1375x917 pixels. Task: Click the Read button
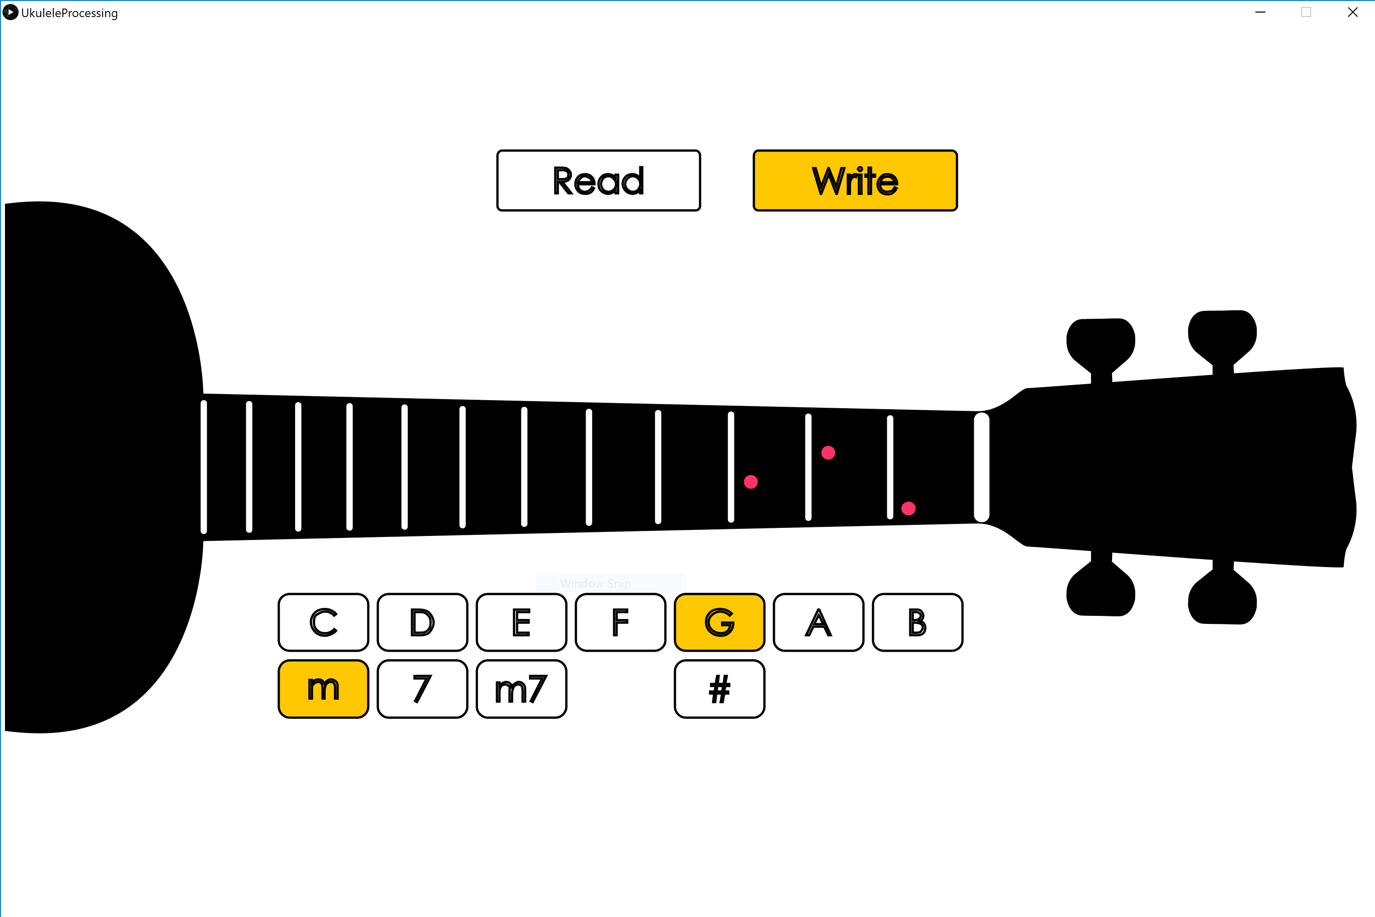pyautogui.click(x=598, y=180)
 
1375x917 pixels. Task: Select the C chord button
pyautogui.click(x=323, y=622)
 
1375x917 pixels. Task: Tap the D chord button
pyautogui.click(x=422, y=622)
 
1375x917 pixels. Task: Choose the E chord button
pyautogui.click(x=521, y=622)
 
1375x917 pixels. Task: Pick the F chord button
pyautogui.click(x=620, y=622)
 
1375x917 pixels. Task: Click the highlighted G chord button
pyautogui.click(x=719, y=622)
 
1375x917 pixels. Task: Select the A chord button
pyautogui.click(x=818, y=622)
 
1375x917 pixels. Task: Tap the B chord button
pyautogui.click(x=917, y=622)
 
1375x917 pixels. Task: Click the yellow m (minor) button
pyautogui.click(x=323, y=689)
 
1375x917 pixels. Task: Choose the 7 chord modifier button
pyautogui.click(x=422, y=689)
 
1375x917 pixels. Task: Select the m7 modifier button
pyautogui.click(x=521, y=689)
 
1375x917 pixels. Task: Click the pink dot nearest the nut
pyautogui.click(x=908, y=508)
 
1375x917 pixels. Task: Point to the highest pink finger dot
pyautogui.click(x=828, y=452)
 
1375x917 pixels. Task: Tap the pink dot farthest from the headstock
pyautogui.click(x=751, y=482)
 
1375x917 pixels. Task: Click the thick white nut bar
pyautogui.click(x=981, y=467)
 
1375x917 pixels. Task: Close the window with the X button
pyautogui.click(x=1352, y=12)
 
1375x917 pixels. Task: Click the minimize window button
pyautogui.click(x=1260, y=12)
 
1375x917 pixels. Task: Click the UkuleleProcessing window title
pyautogui.click(x=69, y=13)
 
